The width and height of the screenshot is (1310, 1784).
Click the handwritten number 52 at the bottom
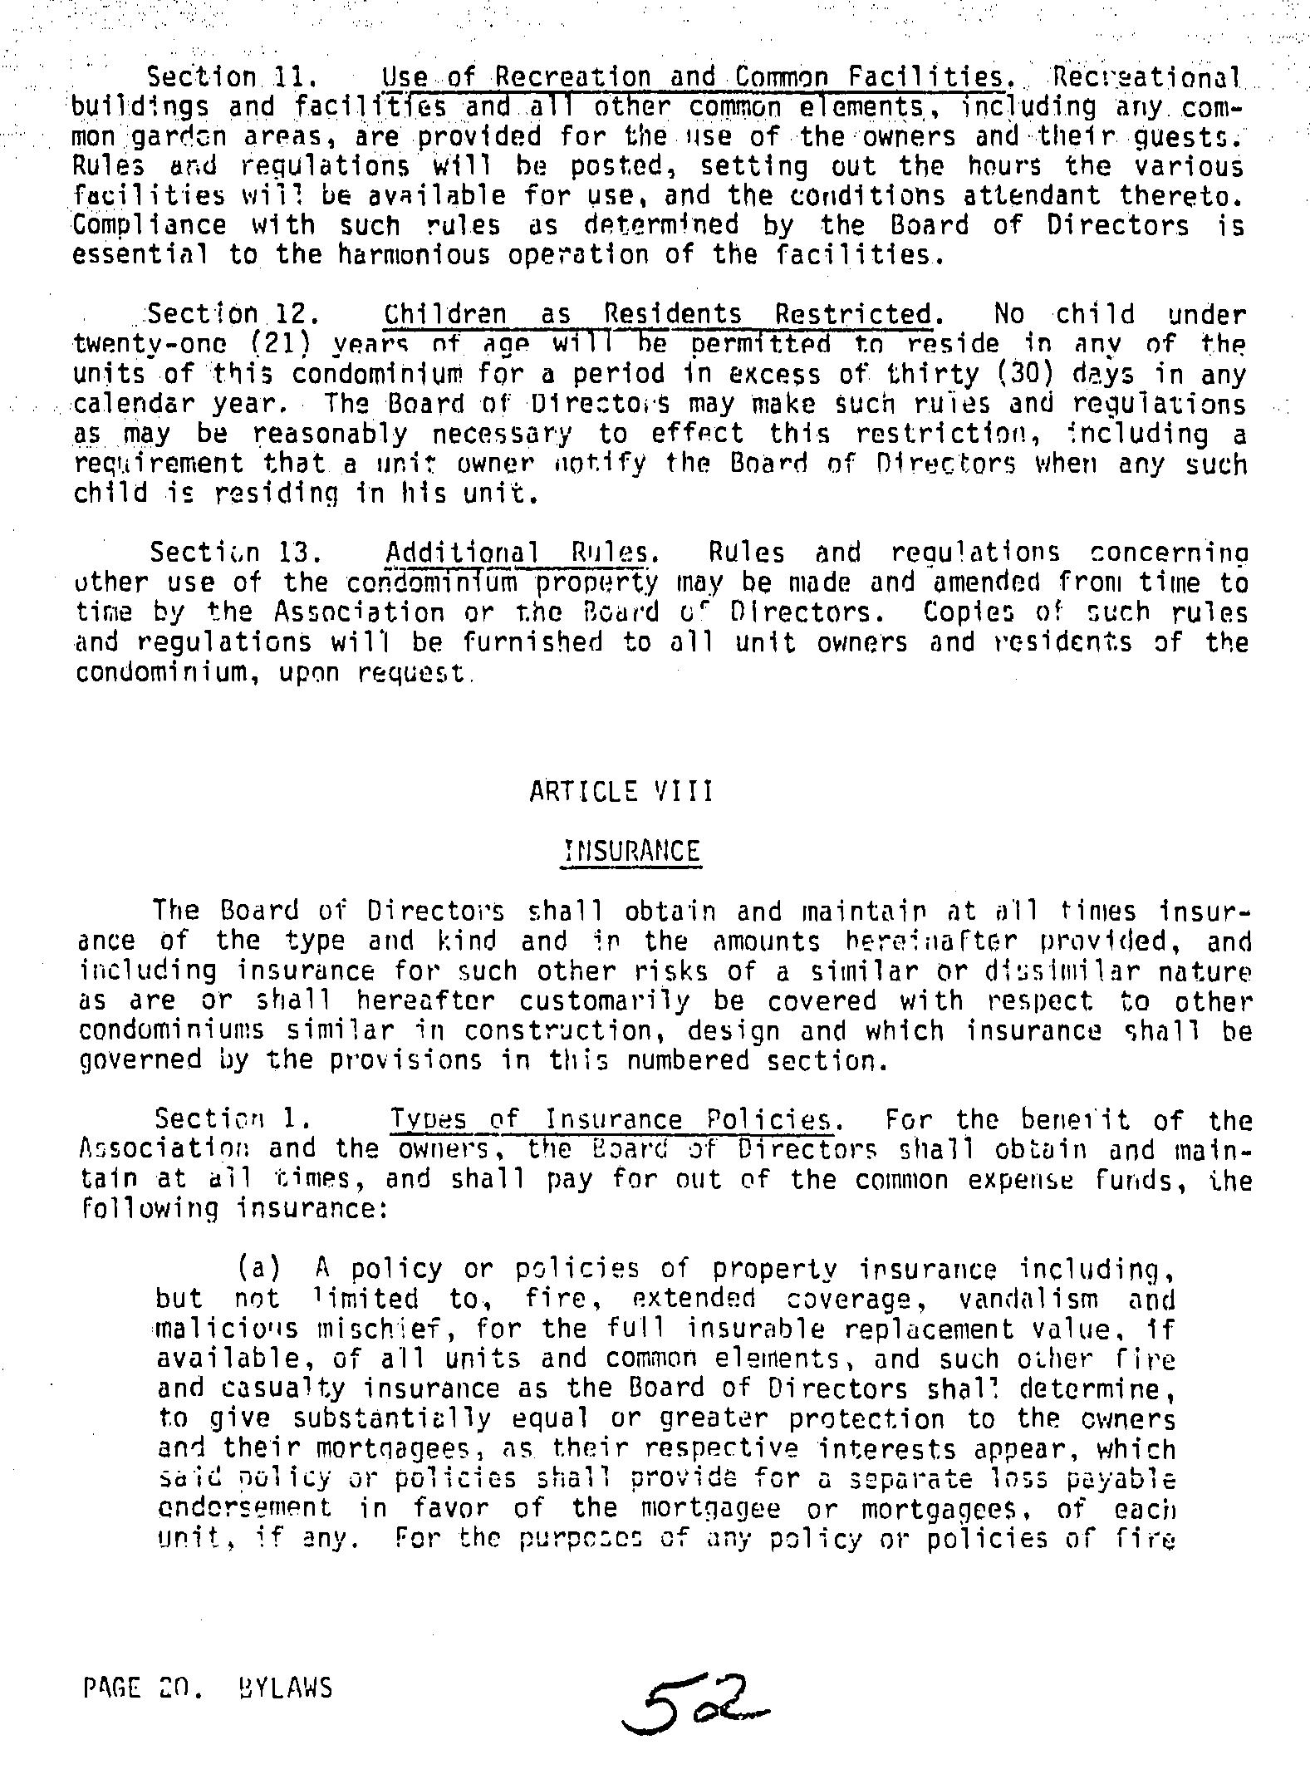pos(699,1702)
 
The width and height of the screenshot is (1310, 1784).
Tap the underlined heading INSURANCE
pos(631,851)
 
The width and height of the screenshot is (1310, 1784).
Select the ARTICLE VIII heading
pos(621,790)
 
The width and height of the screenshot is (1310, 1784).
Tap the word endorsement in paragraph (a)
pos(243,1506)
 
